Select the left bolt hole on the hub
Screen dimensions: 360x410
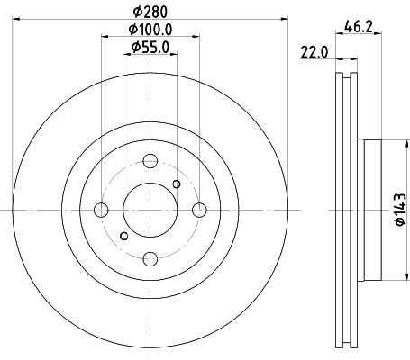pyautogui.click(x=102, y=211)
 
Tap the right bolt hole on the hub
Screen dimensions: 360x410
pyautogui.click(x=199, y=211)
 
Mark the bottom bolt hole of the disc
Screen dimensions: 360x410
pyautogui.click(x=150, y=259)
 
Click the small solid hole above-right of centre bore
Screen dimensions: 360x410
pyautogui.click(x=177, y=184)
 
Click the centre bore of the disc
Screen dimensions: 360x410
pyautogui.click(x=150, y=211)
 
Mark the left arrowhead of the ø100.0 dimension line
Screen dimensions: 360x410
pyautogui.click(x=104, y=39)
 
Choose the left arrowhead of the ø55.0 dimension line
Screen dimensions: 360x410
pyautogui.click(x=127, y=56)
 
